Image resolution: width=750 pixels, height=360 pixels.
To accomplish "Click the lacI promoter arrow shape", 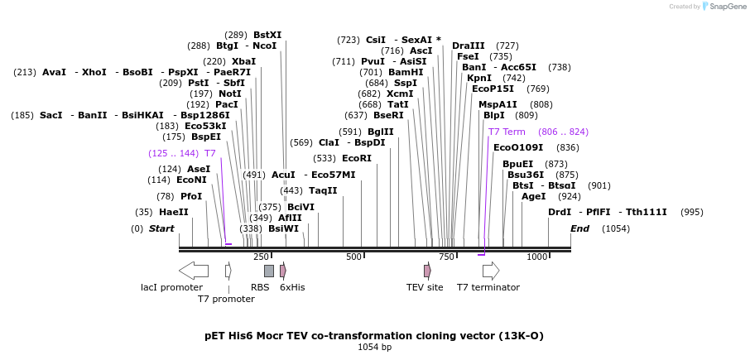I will (x=193, y=271).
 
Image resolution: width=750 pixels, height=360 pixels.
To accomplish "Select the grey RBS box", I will (x=268, y=271).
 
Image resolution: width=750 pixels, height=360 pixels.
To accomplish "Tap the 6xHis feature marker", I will (x=283, y=271).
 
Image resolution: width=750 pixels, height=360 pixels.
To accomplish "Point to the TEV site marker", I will (x=427, y=271).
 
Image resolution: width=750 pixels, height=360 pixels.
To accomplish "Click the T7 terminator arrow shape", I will (x=491, y=271).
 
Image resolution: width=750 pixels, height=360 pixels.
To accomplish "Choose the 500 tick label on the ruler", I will (x=354, y=257).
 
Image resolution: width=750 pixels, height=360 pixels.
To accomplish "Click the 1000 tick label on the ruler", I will (x=537, y=257).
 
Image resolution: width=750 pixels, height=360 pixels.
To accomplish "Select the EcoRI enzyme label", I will (x=357, y=158).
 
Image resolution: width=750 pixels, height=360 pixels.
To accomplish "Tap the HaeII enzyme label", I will (x=174, y=212).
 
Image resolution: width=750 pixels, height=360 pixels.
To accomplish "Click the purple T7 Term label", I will (x=507, y=132).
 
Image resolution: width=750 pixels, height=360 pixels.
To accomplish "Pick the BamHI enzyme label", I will (x=406, y=72).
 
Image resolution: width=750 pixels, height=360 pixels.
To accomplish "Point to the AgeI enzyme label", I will (x=534, y=196).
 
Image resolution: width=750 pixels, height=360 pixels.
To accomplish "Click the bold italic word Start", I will (x=161, y=228).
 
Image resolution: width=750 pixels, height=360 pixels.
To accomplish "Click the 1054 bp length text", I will (x=374, y=348).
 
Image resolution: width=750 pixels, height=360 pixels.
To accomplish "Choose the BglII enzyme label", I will (x=381, y=132).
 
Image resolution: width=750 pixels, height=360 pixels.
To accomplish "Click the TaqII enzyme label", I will (x=323, y=190).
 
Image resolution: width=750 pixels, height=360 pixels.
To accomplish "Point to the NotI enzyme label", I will (x=230, y=94).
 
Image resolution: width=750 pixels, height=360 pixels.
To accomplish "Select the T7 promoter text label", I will (x=226, y=299).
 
